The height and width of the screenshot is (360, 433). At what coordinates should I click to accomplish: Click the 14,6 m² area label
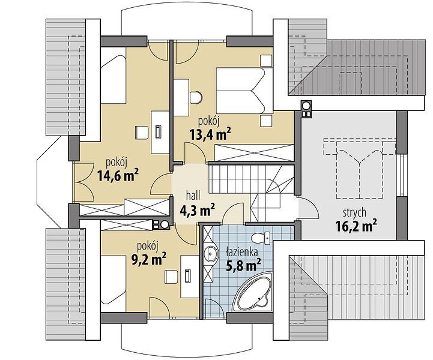pyautogui.click(x=118, y=175)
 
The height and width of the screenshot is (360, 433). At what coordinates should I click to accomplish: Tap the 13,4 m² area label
pyautogui.click(x=210, y=134)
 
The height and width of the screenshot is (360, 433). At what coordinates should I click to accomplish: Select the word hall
pyautogui.click(x=193, y=196)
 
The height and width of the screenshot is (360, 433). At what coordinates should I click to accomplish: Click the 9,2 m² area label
pyautogui.click(x=148, y=259)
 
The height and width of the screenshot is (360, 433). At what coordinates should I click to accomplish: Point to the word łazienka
pyautogui.click(x=242, y=251)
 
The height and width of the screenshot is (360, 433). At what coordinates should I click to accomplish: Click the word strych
pyautogui.click(x=354, y=212)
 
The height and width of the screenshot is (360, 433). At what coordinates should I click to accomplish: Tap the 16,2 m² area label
pyautogui.click(x=356, y=226)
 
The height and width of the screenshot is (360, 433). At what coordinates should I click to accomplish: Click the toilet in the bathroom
pyautogui.click(x=261, y=238)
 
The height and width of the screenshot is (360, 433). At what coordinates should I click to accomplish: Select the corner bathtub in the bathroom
pyautogui.click(x=252, y=292)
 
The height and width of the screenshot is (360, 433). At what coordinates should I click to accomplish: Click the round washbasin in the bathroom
pyautogui.click(x=211, y=252)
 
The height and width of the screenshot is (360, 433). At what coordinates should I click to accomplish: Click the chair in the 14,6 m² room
pyautogui.click(x=142, y=133)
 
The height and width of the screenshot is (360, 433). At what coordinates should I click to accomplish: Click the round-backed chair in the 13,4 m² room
pyautogui.click(x=196, y=98)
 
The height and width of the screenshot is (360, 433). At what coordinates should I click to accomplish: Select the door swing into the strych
pyautogui.click(x=308, y=208)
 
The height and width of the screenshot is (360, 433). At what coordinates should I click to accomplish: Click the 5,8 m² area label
pyautogui.click(x=243, y=265)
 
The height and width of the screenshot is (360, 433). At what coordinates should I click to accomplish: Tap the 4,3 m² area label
pyautogui.click(x=197, y=211)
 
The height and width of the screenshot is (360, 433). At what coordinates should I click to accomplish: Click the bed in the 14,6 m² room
pyautogui.click(x=114, y=79)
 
